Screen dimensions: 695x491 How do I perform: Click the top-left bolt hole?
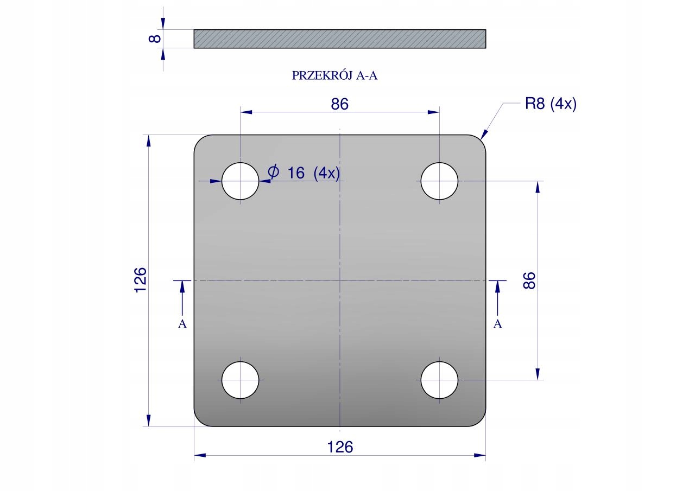(240, 181)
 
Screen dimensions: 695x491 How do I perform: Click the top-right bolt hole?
(439, 181)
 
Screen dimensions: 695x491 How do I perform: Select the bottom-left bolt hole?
(240, 380)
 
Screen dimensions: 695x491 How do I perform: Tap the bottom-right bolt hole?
(439, 380)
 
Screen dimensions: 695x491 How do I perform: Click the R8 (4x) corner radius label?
(551, 104)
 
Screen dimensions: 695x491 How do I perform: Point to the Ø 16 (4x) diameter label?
(304, 173)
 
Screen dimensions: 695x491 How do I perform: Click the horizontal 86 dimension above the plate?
(340, 104)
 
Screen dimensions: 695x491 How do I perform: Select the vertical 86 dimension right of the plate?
(529, 280)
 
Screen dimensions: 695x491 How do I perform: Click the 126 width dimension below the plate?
(340, 447)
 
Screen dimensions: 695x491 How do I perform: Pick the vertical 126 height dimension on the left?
(140, 280)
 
